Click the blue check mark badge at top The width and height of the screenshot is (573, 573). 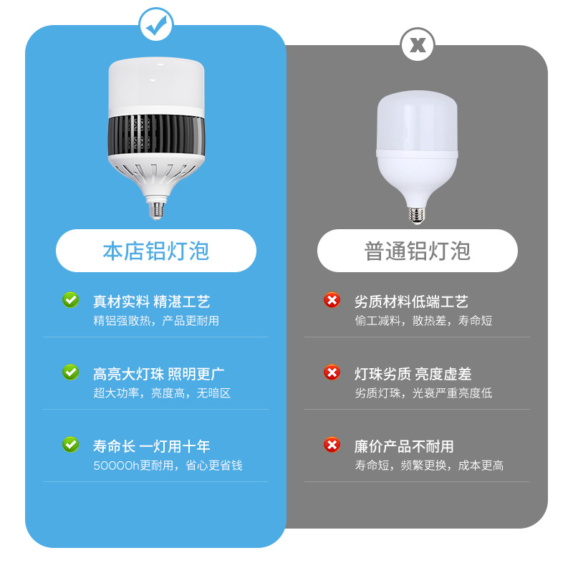click(x=155, y=27)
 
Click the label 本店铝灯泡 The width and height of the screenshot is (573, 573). click(x=156, y=251)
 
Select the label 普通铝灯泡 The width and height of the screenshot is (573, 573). click(x=418, y=251)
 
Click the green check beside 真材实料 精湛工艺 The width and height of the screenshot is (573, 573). click(x=70, y=300)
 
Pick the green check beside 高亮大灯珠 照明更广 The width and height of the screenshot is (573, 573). click(x=70, y=372)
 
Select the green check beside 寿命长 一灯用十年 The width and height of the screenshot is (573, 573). click(x=70, y=445)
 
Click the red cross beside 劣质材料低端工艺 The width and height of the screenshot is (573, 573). click(x=332, y=300)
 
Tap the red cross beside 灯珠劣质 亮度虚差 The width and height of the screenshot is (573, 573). click(x=332, y=372)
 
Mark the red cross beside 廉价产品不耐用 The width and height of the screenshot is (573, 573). click(x=332, y=445)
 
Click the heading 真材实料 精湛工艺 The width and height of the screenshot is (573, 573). click(x=151, y=302)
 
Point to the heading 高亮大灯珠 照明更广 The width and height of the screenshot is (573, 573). click(x=158, y=374)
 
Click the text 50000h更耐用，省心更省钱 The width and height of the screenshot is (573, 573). click(x=168, y=466)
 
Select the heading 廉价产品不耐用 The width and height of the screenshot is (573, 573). click(x=404, y=446)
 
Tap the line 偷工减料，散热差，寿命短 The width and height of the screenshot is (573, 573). click(x=423, y=321)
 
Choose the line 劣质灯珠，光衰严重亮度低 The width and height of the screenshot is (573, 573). click(x=423, y=393)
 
